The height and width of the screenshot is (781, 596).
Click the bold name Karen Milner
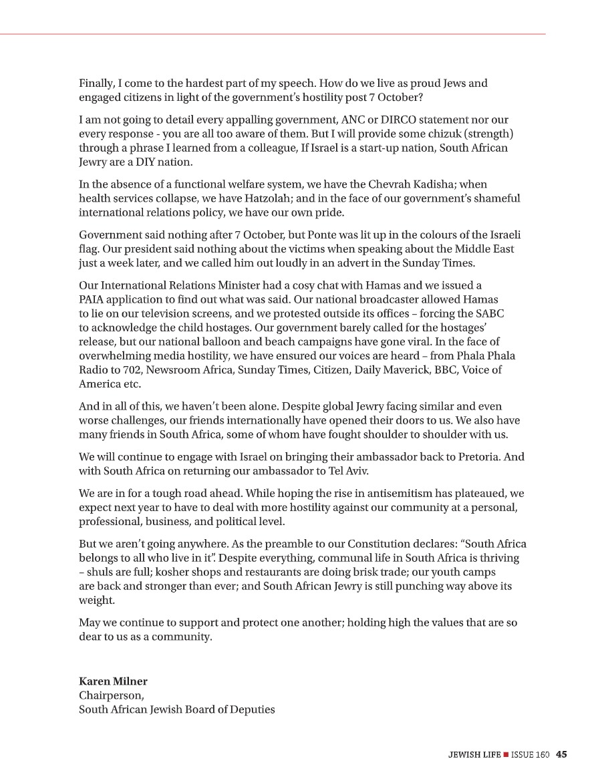tap(113, 681)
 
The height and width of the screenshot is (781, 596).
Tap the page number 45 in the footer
tap(561, 754)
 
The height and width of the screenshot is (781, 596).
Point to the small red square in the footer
tap(506, 754)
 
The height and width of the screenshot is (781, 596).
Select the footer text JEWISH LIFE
tap(474, 754)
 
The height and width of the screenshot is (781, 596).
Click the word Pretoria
tap(477, 458)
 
